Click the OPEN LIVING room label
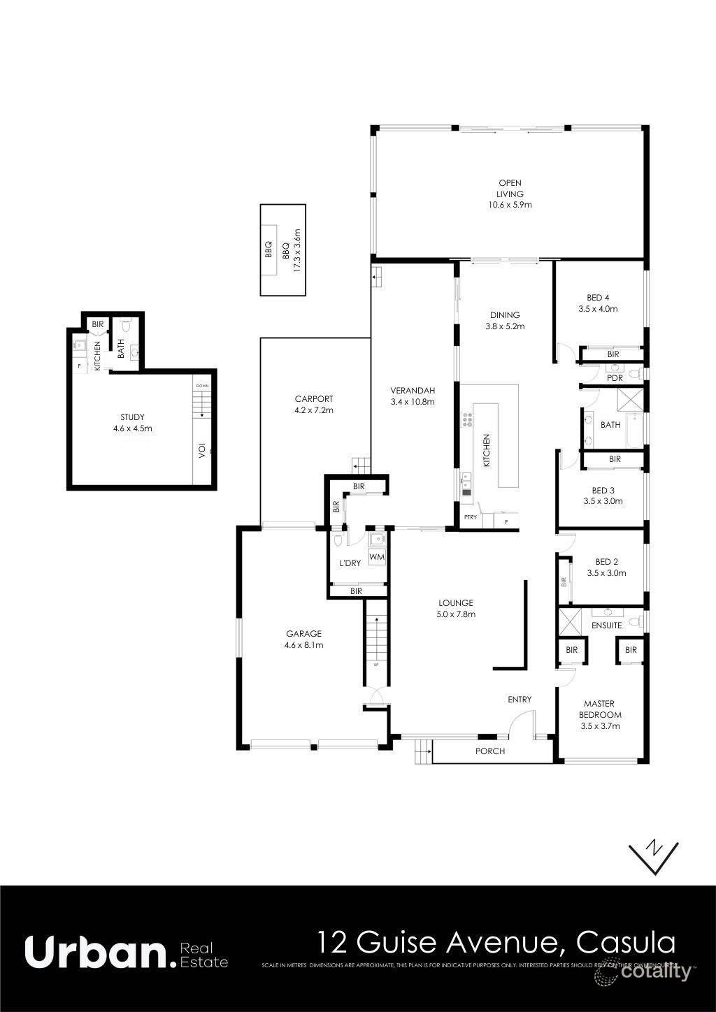510,194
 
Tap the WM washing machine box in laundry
376,557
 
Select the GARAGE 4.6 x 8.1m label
303,639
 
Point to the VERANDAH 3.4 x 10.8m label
413,396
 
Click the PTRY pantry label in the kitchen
470,517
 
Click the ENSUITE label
606,625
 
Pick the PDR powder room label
615,378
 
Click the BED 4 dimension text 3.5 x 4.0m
598,308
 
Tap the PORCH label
489,751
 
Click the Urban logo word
96,952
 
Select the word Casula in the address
626,942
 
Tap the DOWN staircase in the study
202,403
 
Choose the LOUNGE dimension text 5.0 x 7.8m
456,614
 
